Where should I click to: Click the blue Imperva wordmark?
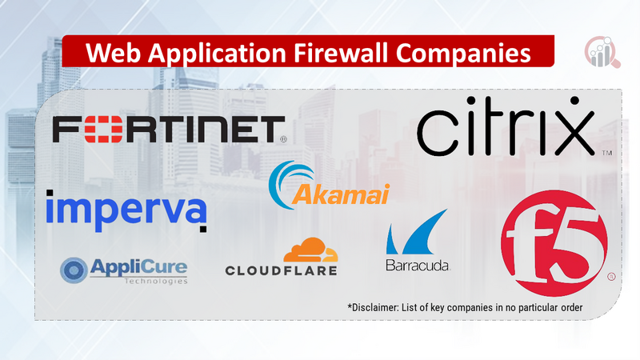pyautogui.click(x=126, y=210)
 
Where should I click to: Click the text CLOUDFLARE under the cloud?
pyautogui.click(x=282, y=270)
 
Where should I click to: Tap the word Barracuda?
pyautogui.click(x=417, y=265)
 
